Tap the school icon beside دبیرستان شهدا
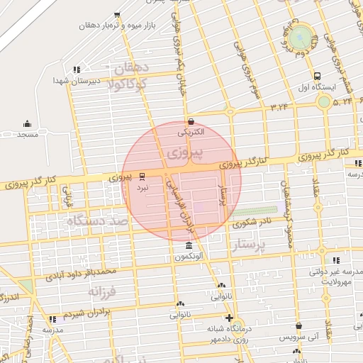[76, 69]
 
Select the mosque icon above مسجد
[28, 123]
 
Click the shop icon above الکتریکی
[190, 121]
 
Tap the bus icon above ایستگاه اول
[317, 77]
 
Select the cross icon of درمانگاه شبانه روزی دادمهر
[228, 318]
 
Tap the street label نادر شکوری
[255, 223]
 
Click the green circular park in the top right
[300, 35]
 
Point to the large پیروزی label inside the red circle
[187, 152]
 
